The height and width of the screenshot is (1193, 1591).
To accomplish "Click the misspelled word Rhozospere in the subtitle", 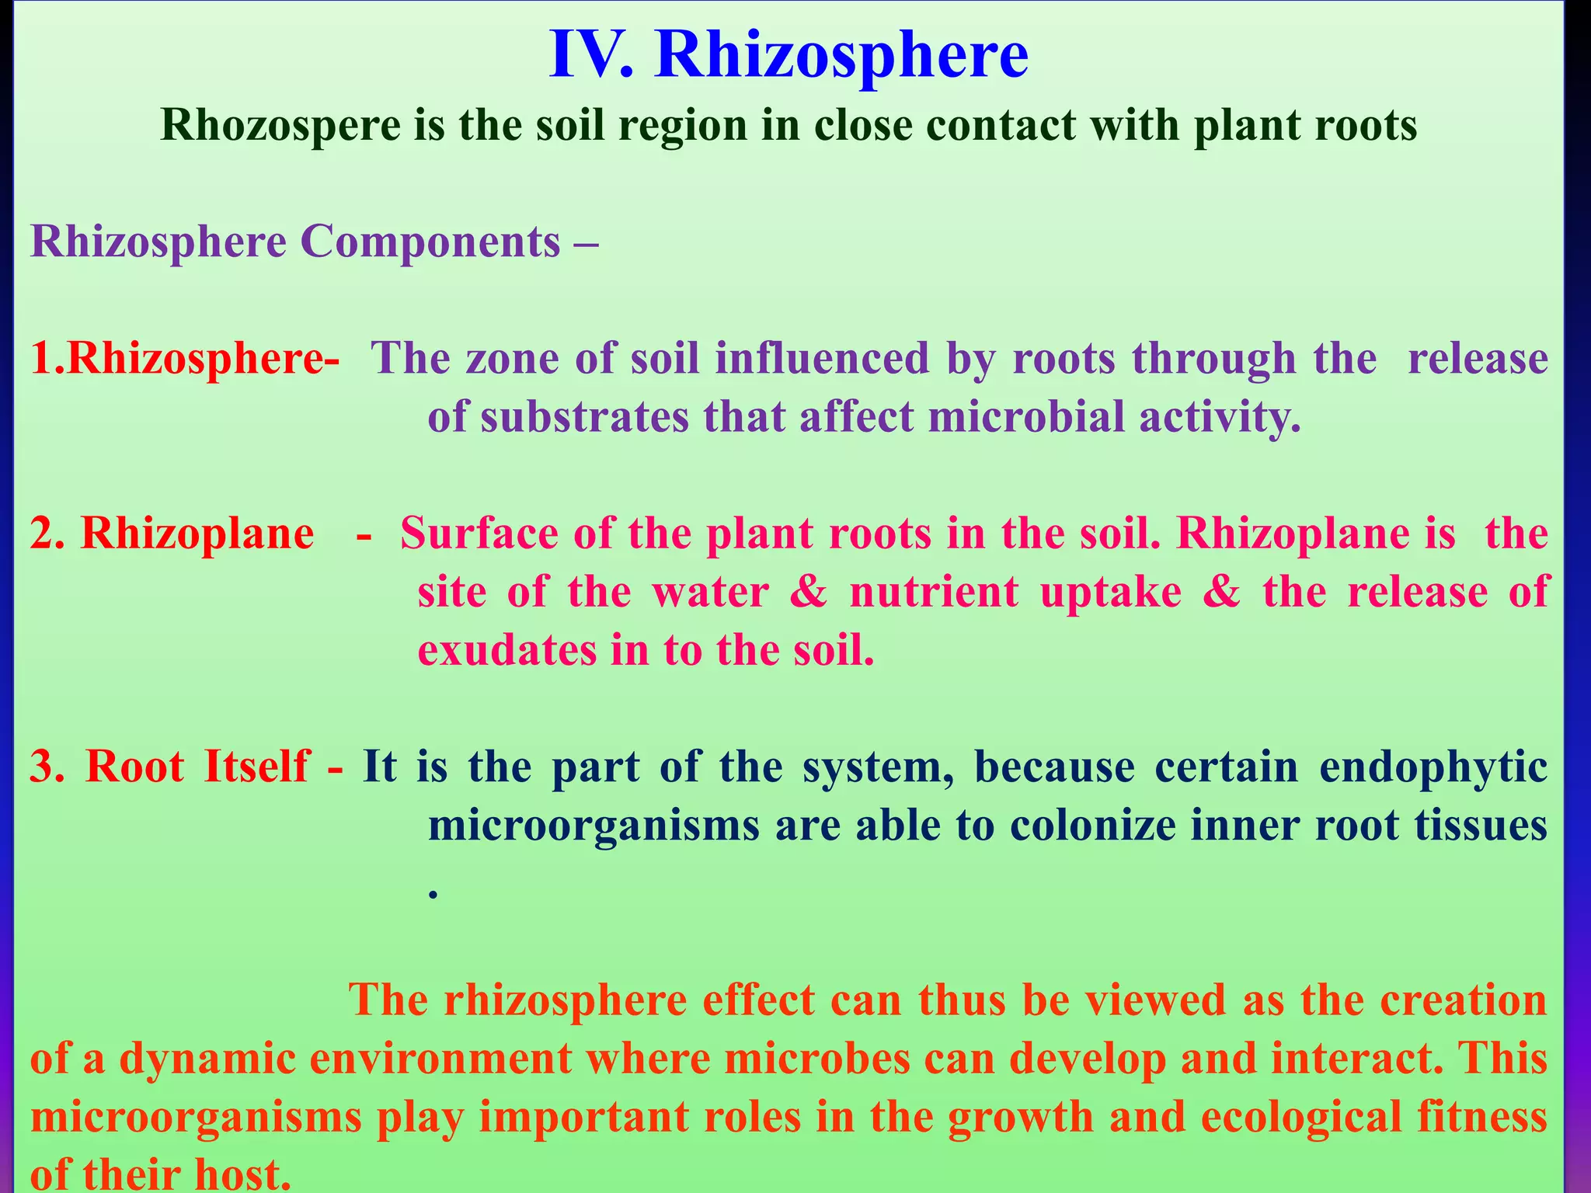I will pyautogui.click(x=280, y=124).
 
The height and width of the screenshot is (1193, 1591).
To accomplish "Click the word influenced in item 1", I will pyautogui.click(x=822, y=359).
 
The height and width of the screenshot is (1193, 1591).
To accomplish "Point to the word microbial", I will pyautogui.click(x=1026, y=417).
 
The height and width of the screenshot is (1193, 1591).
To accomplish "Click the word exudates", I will pyautogui.click(x=507, y=650).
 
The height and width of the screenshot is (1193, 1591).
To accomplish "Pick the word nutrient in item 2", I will pyautogui.click(x=933, y=592).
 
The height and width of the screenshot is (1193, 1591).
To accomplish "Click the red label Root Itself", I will pyautogui.click(x=198, y=767).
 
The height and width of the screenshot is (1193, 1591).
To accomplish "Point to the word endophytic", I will pyautogui.click(x=1433, y=767).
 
